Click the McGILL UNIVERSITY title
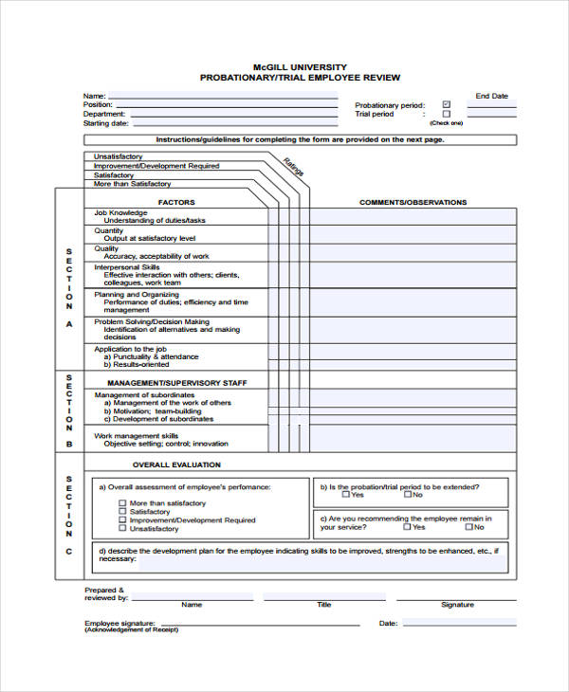pos(300,66)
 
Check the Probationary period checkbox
pos(447,105)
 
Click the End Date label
pos(491,96)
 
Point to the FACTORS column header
pos(176,202)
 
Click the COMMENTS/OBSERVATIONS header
pos(413,202)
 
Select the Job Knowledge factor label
pos(120,212)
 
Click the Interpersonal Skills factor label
pos(130,267)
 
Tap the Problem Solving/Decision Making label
pos(152,321)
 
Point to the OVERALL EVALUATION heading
pos(176,464)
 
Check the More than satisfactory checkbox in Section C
pos(122,503)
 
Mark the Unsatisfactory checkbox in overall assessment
pos(122,529)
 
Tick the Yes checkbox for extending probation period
pos(345,494)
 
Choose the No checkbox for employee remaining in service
pos(407,527)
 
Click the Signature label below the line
pos(457,604)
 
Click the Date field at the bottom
pos(460,623)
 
